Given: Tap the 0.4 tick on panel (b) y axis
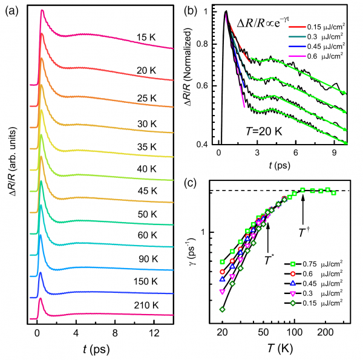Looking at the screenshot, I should (205, 144).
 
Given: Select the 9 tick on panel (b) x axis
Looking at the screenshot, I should (334, 154).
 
